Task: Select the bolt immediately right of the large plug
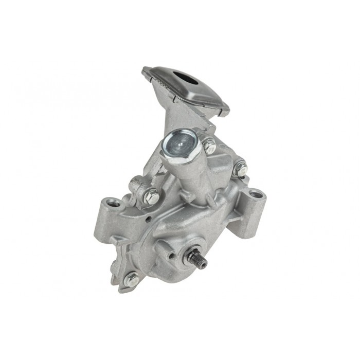(209, 146)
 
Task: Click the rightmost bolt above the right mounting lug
(240, 168)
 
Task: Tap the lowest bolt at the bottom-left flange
(131, 279)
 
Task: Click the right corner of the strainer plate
(224, 109)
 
